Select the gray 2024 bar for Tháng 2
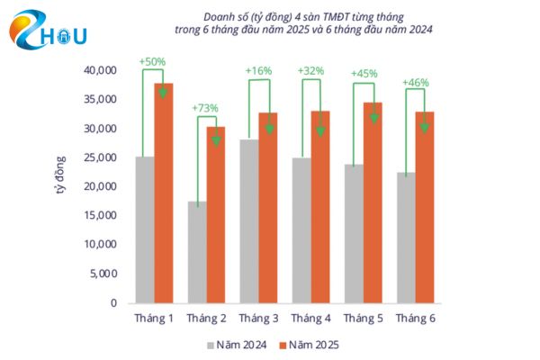[197, 252]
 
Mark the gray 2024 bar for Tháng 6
[405, 238]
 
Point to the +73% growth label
[206, 109]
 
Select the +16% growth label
[258, 70]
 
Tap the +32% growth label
[310, 71]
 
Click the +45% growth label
[363, 75]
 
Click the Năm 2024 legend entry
[238, 344]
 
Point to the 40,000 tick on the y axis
[100, 70]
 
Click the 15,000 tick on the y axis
[100, 215]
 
